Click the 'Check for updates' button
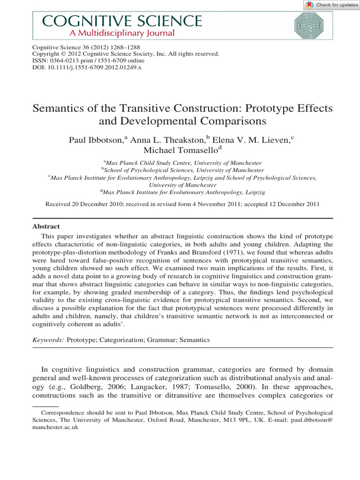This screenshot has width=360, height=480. coord(331,5)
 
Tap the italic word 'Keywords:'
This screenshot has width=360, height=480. coord(48,339)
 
